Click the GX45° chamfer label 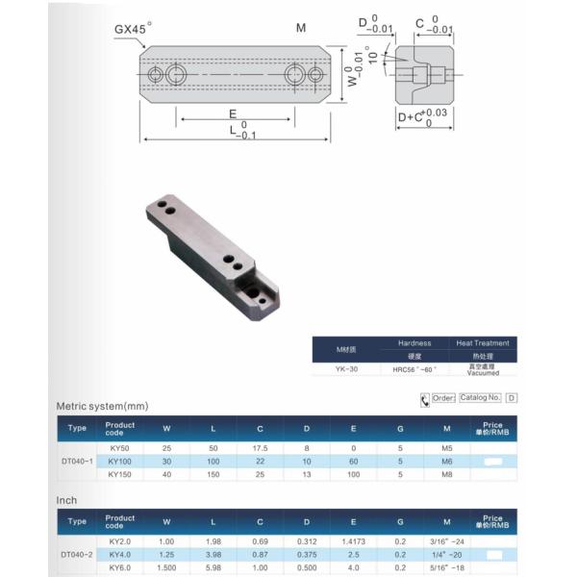[130, 30]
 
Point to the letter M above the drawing [301, 28]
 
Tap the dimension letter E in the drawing [233, 113]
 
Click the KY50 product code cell [119, 447]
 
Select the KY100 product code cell [119, 461]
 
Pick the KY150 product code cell [119, 474]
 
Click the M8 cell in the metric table [444, 474]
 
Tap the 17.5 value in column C [260, 447]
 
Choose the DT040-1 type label [77, 461]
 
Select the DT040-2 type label [77, 555]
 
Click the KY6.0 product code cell [119, 568]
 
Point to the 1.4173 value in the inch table [354, 541]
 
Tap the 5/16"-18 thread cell [444, 568]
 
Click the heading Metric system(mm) [103, 407]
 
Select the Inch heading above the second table [65, 501]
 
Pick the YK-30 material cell [346, 368]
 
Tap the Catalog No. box [480, 397]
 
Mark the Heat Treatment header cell [485, 343]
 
